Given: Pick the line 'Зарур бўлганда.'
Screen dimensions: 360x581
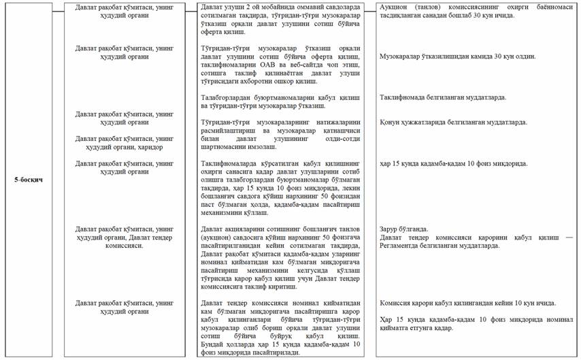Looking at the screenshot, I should click(x=407, y=229).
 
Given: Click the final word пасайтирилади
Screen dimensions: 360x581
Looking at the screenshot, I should click(x=275, y=353).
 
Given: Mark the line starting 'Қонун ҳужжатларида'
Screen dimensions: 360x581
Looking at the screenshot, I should click(x=454, y=122).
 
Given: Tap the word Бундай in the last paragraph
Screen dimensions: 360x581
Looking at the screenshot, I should click(x=216, y=345).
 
